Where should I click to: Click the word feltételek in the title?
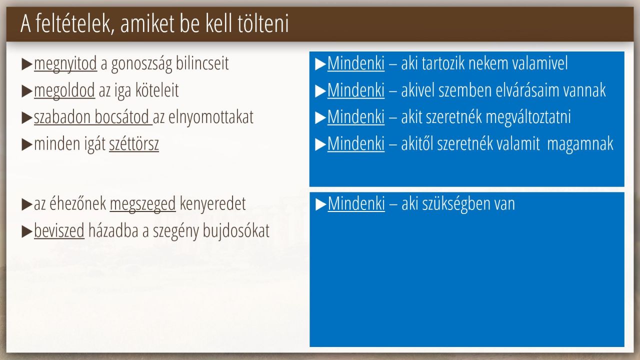(75, 23)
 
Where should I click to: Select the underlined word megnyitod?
(65, 64)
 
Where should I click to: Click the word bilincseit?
(202, 63)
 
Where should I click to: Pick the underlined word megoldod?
(64, 91)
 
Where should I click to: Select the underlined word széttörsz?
(134, 143)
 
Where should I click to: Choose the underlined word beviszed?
(59, 230)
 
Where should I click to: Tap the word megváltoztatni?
(528, 117)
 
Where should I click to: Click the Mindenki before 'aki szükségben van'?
(356, 203)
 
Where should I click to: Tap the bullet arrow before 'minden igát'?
(27, 145)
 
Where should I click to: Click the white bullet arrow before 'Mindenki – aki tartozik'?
(320, 64)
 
